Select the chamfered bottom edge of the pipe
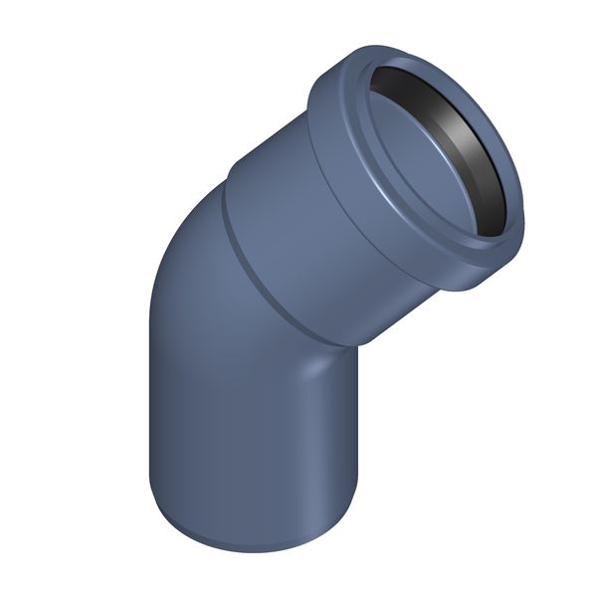(249, 543)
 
